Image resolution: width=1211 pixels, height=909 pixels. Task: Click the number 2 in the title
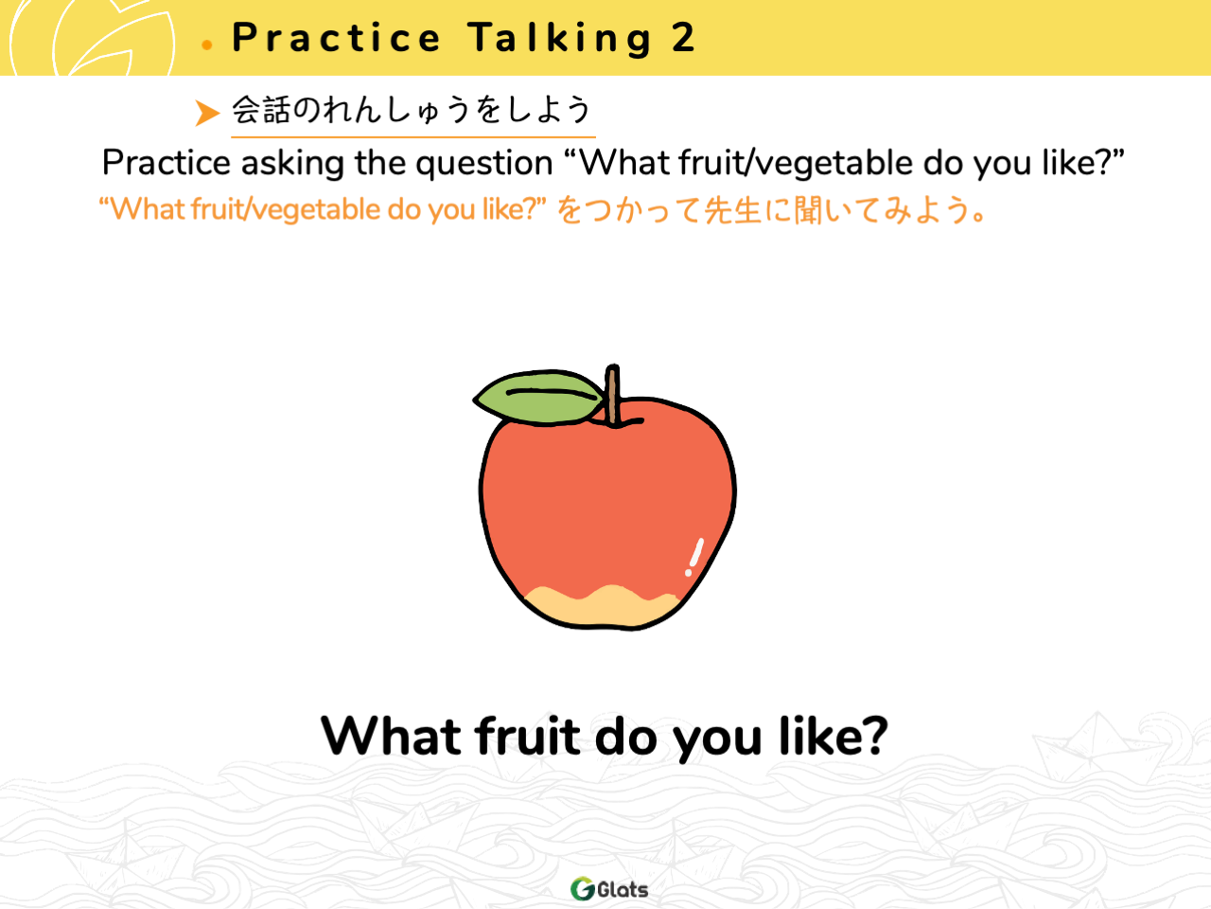pyautogui.click(x=683, y=38)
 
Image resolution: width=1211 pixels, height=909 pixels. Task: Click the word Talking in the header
pyautogui.click(x=560, y=39)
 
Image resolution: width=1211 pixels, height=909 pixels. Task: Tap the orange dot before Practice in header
pyautogui.click(x=207, y=45)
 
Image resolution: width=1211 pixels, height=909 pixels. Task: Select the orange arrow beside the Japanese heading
pyautogui.click(x=207, y=113)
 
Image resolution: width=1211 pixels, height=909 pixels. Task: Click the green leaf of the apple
pyautogui.click(x=538, y=397)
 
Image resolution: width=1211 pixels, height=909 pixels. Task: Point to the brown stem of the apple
pyautogui.click(x=612, y=395)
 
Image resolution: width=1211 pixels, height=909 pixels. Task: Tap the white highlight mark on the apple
pyautogui.click(x=694, y=557)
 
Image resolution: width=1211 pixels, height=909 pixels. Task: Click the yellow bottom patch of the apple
pyautogui.click(x=602, y=607)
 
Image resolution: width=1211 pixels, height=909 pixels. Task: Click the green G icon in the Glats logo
pyautogui.click(x=582, y=888)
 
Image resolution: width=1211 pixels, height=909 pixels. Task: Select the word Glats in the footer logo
pyautogui.click(x=623, y=890)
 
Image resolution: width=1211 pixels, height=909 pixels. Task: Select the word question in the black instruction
pyautogui.click(x=483, y=165)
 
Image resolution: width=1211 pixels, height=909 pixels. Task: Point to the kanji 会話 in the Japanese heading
pyautogui.click(x=260, y=110)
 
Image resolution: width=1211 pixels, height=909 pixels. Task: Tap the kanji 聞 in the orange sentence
pyautogui.click(x=808, y=210)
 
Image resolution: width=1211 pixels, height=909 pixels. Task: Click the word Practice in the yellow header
pyautogui.click(x=336, y=38)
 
